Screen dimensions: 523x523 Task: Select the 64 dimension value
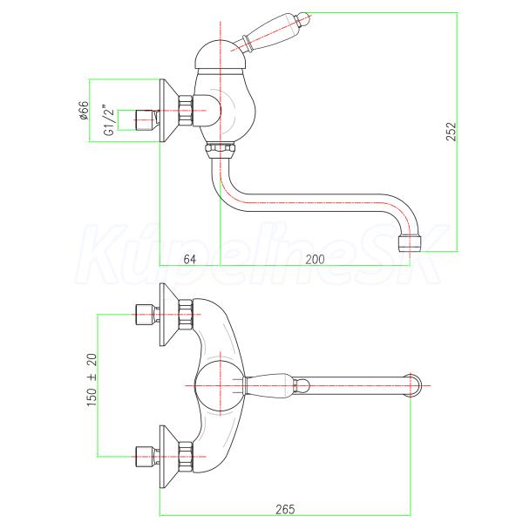tap(190, 260)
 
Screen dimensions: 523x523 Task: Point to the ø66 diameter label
tap(85, 112)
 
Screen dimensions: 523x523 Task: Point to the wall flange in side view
tap(167, 112)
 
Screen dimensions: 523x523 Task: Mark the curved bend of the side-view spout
tap(225, 190)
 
